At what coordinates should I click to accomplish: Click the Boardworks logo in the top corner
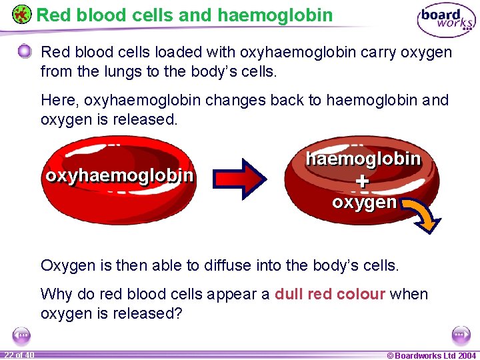[x=446, y=21]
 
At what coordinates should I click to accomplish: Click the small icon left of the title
[x=21, y=15]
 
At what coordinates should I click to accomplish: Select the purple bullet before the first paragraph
[x=25, y=52]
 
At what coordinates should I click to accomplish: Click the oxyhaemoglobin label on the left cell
[x=119, y=175]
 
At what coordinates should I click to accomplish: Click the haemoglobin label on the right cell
[x=363, y=159]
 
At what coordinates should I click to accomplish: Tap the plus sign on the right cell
[x=362, y=181]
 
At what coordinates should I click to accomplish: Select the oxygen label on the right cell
[x=364, y=202]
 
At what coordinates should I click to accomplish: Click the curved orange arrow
[x=418, y=217]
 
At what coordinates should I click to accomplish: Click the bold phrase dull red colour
[x=329, y=295]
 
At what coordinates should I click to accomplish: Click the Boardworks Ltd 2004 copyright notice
[x=431, y=355]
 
